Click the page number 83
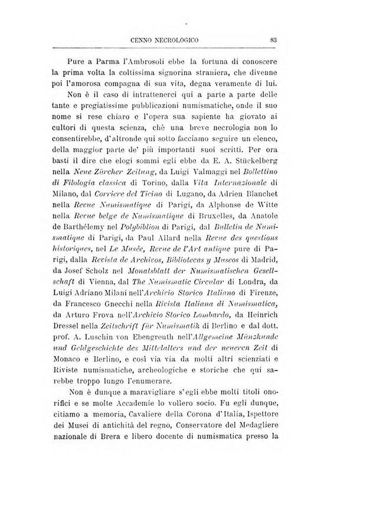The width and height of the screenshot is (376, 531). pyautogui.click(x=274, y=40)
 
